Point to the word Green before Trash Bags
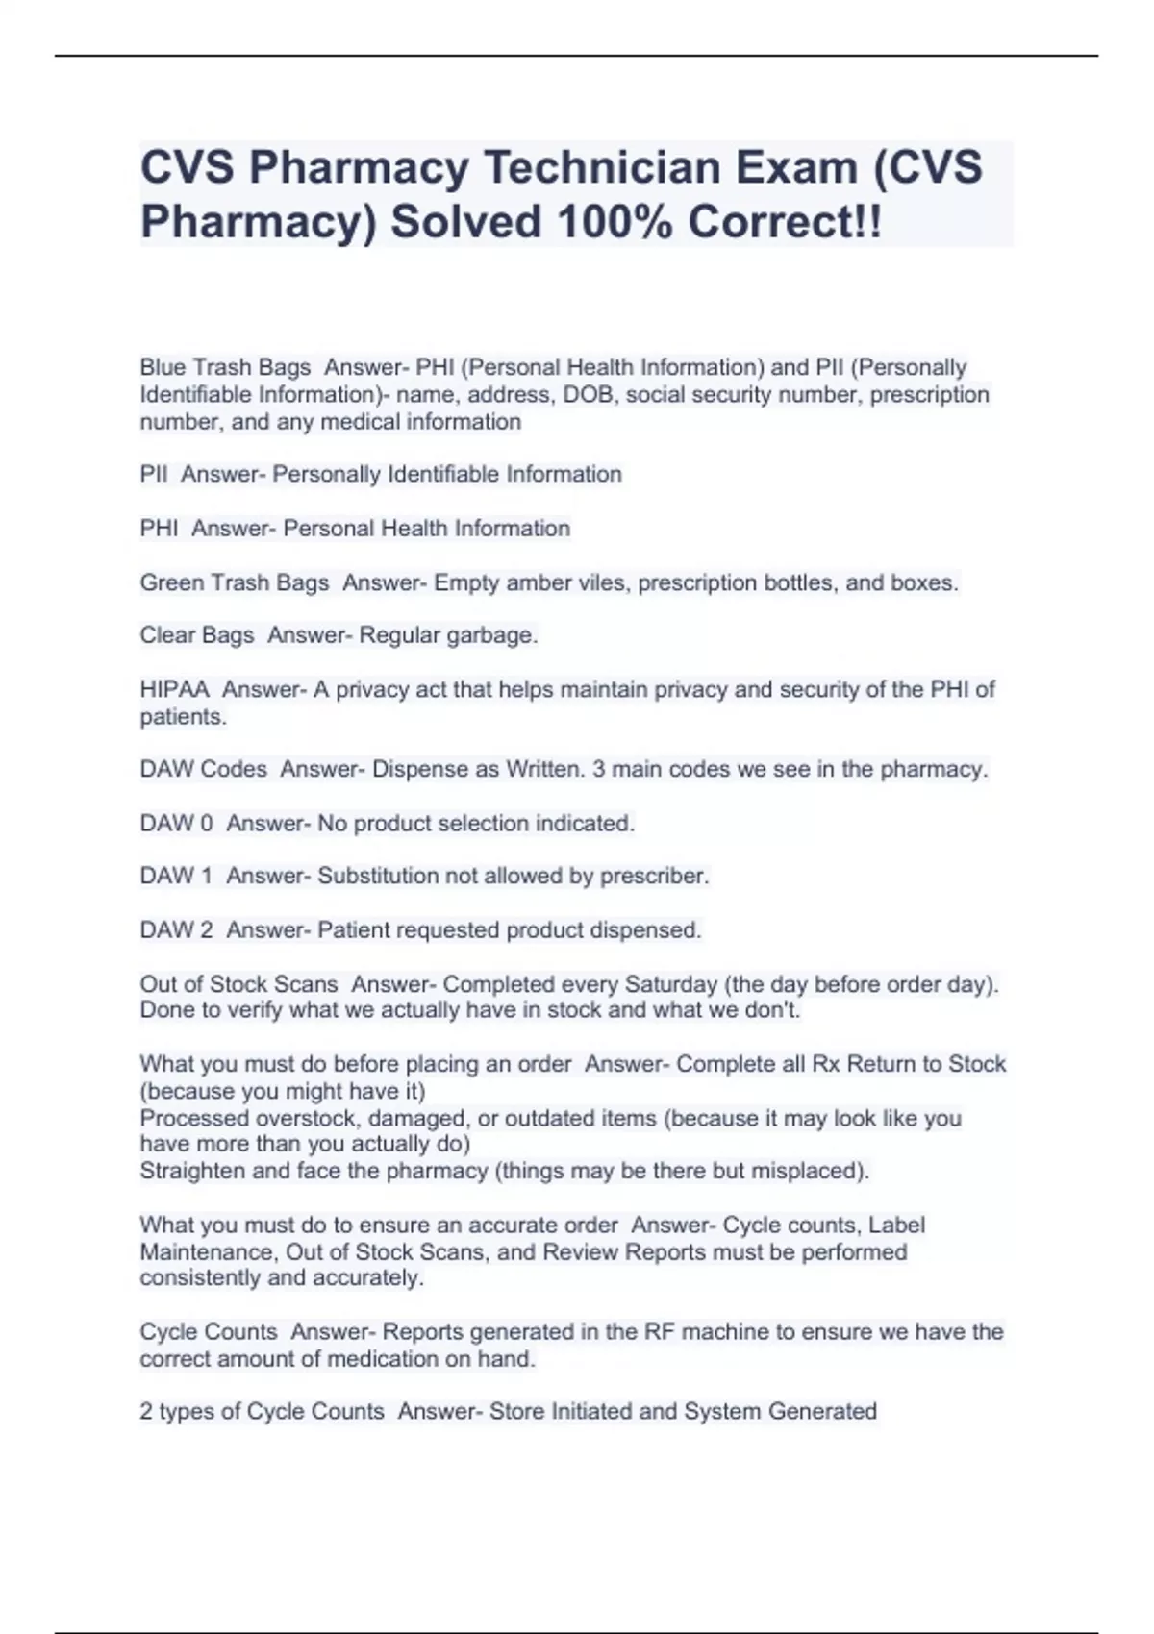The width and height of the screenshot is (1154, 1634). [x=169, y=582]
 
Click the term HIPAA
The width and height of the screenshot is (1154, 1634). [x=174, y=689]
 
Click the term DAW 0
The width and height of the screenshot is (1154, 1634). [x=176, y=823]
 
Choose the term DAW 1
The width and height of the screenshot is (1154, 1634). [x=176, y=876]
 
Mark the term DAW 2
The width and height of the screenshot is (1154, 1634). [x=176, y=929]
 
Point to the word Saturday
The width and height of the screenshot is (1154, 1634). [x=671, y=984]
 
